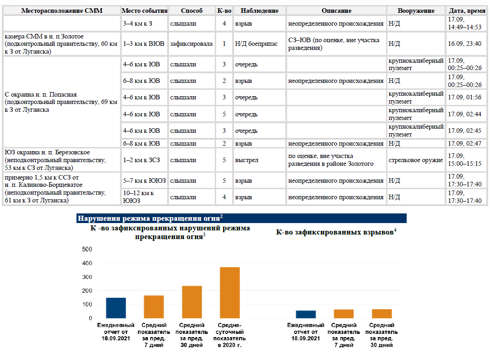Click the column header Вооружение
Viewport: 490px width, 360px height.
(x=416, y=11)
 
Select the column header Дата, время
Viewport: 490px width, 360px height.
(x=467, y=11)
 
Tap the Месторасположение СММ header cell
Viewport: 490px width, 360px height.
(x=61, y=11)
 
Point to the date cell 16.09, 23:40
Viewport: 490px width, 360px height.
(x=464, y=44)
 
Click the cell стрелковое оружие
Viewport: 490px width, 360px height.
(x=416, y=160)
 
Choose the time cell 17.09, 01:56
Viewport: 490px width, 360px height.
(x=464, y=98)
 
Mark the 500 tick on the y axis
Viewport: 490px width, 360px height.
(x=87, y=250)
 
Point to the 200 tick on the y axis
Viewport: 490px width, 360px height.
(x=87, y=291)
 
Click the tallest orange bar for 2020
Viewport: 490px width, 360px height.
(x=229, y=293)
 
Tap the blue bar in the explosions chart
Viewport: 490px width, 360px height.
(x=305, y=314)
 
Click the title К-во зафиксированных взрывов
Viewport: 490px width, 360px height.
(x=336, y=232)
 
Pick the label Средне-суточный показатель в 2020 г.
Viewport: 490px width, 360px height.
(x=229, y=335)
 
